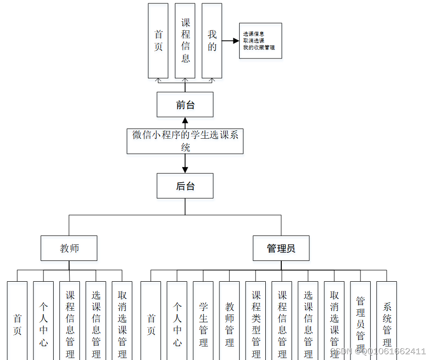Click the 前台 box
point(185,104)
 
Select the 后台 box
point(185,186)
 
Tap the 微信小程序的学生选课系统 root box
point(185,141)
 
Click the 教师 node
point(69,248)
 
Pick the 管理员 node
point(281,248)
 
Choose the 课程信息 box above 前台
point(185,41)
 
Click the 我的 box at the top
point(212,41)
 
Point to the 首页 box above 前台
point(158,41)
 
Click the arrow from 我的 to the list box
point(230,41)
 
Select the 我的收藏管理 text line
point(259,48)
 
